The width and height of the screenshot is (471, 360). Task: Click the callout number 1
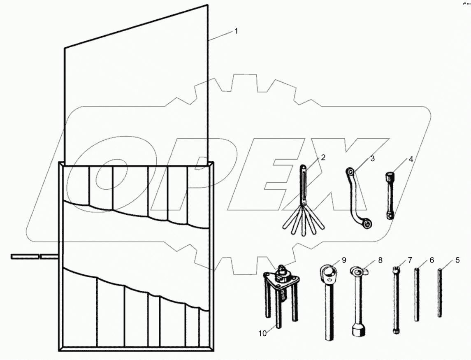(236, 31)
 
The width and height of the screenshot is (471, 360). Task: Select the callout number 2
(323, 157)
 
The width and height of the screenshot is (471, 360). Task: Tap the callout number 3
(372, 158)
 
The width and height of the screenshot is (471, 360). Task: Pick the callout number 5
(457, 260)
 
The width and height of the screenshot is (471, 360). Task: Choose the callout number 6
(432, 260)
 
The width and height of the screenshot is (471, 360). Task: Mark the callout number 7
(409, 260)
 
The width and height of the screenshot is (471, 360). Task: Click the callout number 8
(380, 260)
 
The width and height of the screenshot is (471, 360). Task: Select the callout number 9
(344, 260)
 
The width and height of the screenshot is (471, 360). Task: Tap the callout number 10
(262, 333)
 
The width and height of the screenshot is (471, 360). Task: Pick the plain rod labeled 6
(417, 294)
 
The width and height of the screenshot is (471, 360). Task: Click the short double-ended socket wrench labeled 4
(389, 195)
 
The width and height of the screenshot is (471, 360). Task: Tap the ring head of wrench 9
(329, 272)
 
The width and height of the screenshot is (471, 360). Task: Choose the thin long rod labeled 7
(397, 300)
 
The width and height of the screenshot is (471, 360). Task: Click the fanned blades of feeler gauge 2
(302, 222)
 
